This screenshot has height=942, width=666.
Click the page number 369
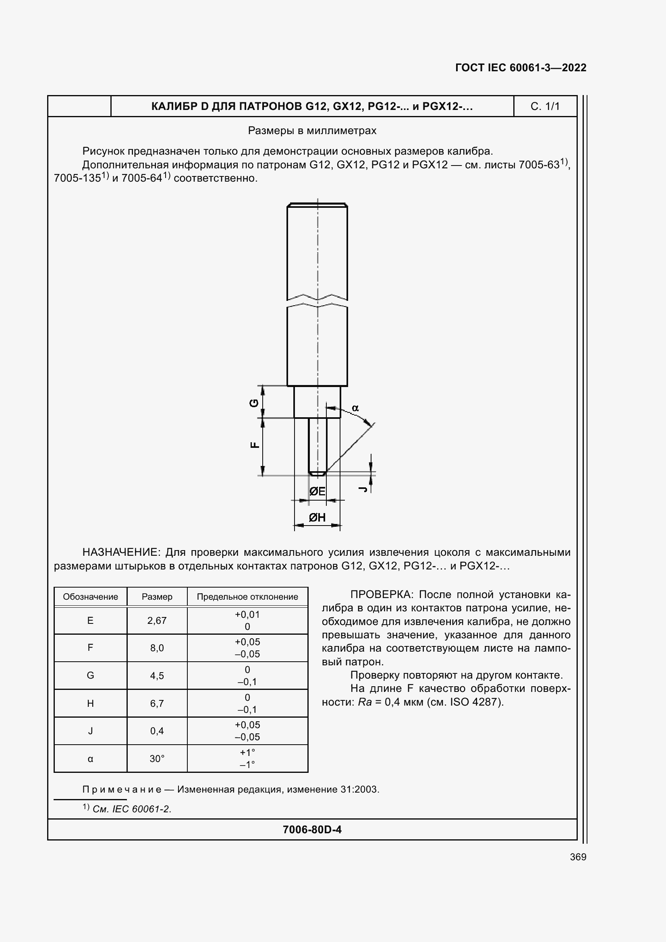[578, 857]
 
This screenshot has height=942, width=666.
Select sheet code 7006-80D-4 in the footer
[312, 830]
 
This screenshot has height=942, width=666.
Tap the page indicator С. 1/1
[545, 106]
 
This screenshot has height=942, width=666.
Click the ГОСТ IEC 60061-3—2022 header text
[520, 68]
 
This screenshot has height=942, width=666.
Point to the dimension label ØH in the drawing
[317, 518]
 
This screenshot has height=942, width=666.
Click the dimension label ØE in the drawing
[317, 491]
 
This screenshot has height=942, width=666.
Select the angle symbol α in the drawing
[355, 408]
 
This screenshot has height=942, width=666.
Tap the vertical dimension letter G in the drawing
[254, 403]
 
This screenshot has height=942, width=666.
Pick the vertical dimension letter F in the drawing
[255, 445]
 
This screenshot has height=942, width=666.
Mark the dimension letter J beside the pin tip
[362, 489]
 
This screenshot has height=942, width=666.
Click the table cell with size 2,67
[157, 620]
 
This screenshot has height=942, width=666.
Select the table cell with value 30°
[157, 759]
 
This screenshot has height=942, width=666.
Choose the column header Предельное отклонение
[247, 596]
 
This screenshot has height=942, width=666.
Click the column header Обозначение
[90, 596]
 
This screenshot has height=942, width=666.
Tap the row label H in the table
[90, 703]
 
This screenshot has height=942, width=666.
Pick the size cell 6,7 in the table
[157, 703]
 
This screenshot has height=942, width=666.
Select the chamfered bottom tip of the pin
[317, 474]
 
